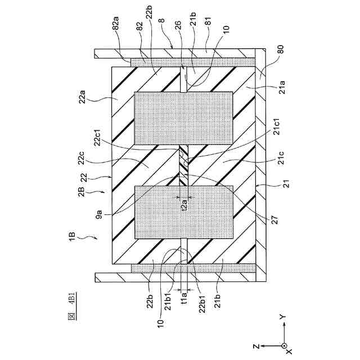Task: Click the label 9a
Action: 99,213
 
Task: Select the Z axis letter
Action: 255,344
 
